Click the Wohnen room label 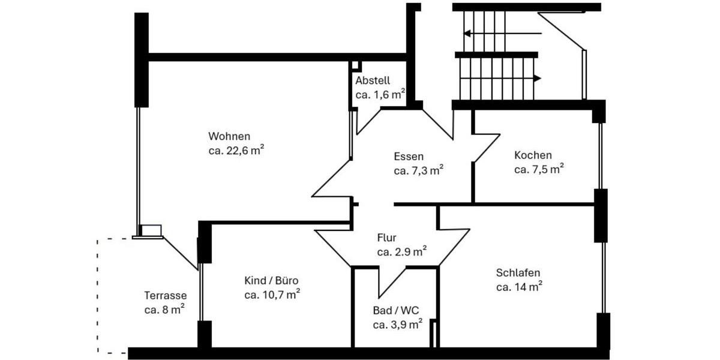[229, 136]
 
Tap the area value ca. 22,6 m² [236, 151]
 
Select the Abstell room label [373, 80]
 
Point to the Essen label [409, 157]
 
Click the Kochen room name [533, 155]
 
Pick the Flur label [386, 238]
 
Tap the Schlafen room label [518, 273]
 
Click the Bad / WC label [396, 310]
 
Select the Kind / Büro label [271, 280]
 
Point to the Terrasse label [165, 295]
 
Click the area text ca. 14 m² [519, 287]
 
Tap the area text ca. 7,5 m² [538, 170]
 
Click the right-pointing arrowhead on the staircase [537, 78]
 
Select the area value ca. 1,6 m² [380, 95]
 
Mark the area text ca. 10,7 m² [272, 295]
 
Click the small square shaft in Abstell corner [356, 65]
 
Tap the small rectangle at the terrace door [151, 230]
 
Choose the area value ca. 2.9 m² [401, 252]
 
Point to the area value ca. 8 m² [164, 310]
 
